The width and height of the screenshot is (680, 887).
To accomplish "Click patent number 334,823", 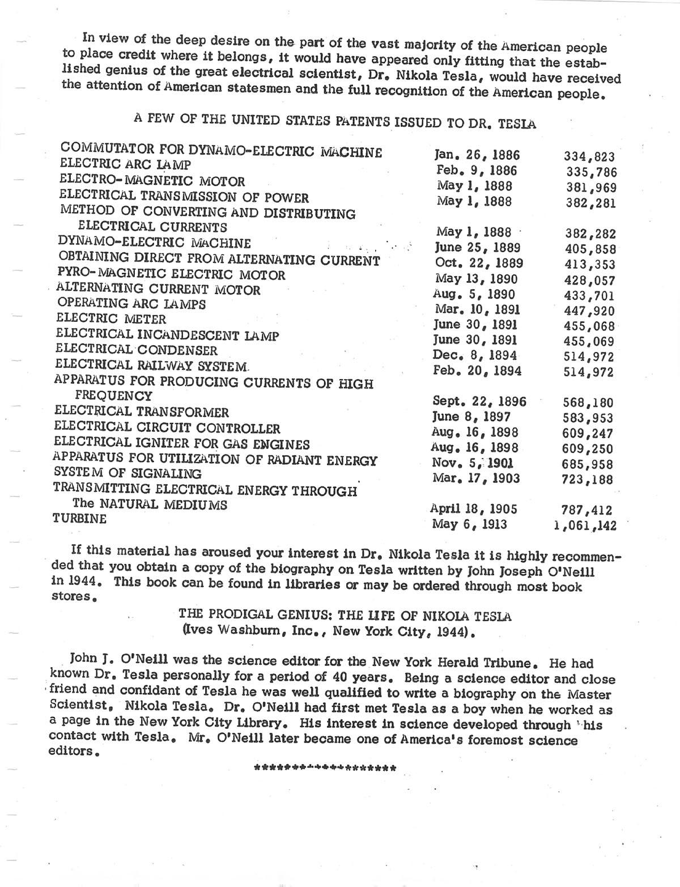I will (x=589, y=157).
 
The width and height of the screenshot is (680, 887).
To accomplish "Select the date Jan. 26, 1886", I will (x=477, y=155).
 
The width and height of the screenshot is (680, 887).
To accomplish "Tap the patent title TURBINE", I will (x=79, y=519).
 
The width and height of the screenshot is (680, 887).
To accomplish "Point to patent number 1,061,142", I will (x=585, y=525).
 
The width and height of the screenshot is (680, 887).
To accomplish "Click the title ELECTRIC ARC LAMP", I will (x=125, y=165).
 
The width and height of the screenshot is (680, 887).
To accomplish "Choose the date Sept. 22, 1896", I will (x=479, y=401).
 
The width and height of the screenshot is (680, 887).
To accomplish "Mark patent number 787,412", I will (x=588, y=510).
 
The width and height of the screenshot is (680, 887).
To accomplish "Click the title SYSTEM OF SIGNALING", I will (x=127, y=473).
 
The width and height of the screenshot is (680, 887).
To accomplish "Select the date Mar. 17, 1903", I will (x=476, y=478).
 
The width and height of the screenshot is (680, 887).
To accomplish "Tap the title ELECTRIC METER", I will (x=112, y=319).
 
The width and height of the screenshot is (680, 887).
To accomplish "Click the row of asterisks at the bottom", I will (x=325, y=769).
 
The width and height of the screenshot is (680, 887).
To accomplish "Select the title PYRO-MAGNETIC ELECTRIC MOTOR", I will (x=172, y=275).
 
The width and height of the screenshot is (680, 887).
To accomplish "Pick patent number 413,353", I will (x=589, y=264).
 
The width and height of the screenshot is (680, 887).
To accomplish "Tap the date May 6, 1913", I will (x=469, y=524).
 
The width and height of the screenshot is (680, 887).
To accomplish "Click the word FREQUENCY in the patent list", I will (x=114, y=396).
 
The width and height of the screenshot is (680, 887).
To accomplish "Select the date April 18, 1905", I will (x=473, y=509).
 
